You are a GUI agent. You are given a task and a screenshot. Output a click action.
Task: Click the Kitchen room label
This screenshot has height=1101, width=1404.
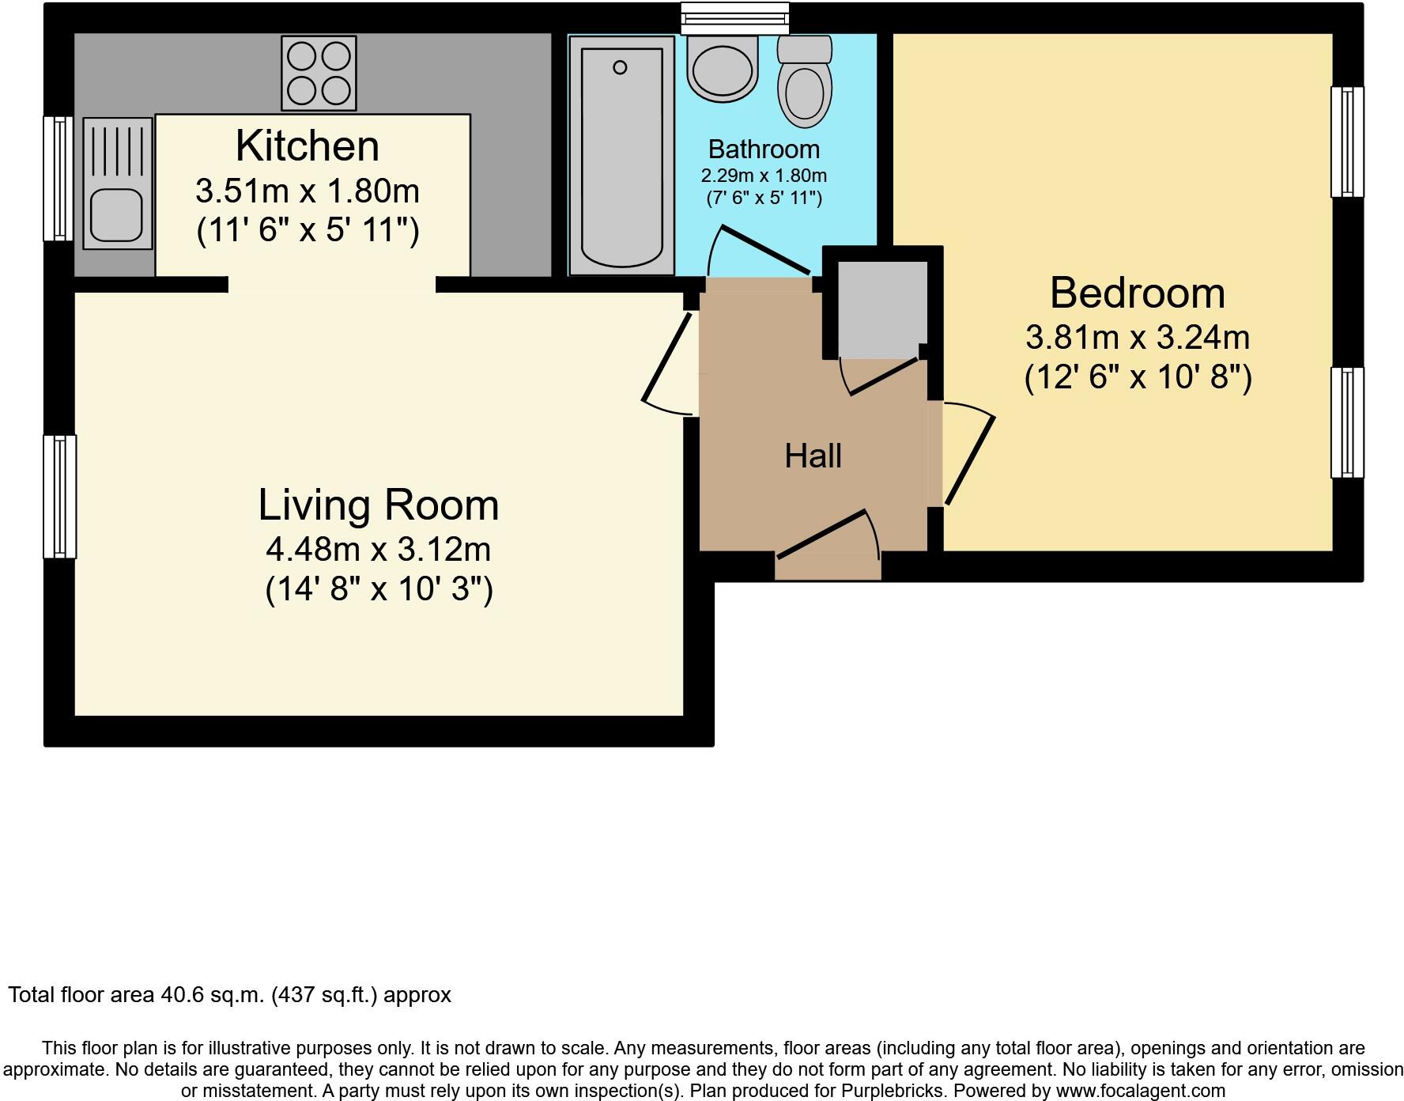(308, 146)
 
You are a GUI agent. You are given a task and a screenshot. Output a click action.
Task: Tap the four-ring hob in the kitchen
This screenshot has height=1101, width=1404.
(319, 74)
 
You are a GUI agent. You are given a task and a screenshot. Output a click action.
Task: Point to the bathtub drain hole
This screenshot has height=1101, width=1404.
(621, 67)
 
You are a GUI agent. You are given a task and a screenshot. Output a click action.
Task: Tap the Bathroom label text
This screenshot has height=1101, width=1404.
(764, 149)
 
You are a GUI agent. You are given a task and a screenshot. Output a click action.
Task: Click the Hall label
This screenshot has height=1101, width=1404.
(813, 456)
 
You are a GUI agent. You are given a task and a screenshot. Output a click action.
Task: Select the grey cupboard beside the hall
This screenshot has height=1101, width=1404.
(882, 309)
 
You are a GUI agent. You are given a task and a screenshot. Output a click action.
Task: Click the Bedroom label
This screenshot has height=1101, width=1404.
(1137, 293)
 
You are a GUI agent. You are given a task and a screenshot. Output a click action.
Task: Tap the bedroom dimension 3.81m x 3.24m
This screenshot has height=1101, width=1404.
(1137, 338)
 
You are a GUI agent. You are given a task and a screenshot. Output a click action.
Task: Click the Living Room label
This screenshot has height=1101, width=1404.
(379, 505)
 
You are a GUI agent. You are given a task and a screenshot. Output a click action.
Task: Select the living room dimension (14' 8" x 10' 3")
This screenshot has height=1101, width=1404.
(379, 589)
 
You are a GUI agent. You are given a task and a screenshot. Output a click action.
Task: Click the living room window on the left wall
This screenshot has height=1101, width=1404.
(60, 497)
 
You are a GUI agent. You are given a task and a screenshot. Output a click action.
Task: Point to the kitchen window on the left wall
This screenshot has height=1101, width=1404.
(58, 178)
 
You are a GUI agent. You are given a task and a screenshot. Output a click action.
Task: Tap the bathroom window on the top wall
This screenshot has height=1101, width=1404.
(735, 17)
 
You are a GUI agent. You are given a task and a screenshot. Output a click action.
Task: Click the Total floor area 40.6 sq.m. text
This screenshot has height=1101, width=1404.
(229, 994)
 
